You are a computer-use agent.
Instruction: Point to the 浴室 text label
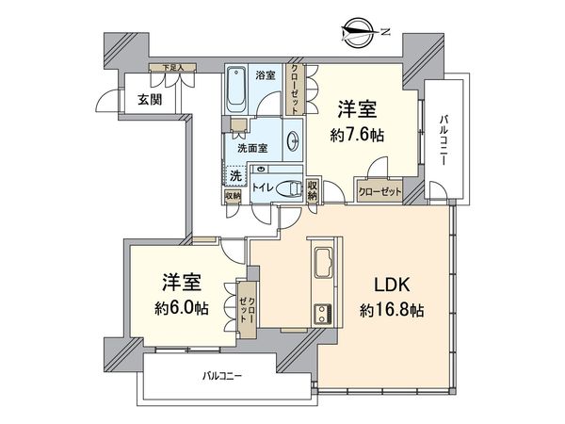(265, 74)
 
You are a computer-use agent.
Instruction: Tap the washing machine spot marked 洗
(236, 174)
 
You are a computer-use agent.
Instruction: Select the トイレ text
(263, 188)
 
